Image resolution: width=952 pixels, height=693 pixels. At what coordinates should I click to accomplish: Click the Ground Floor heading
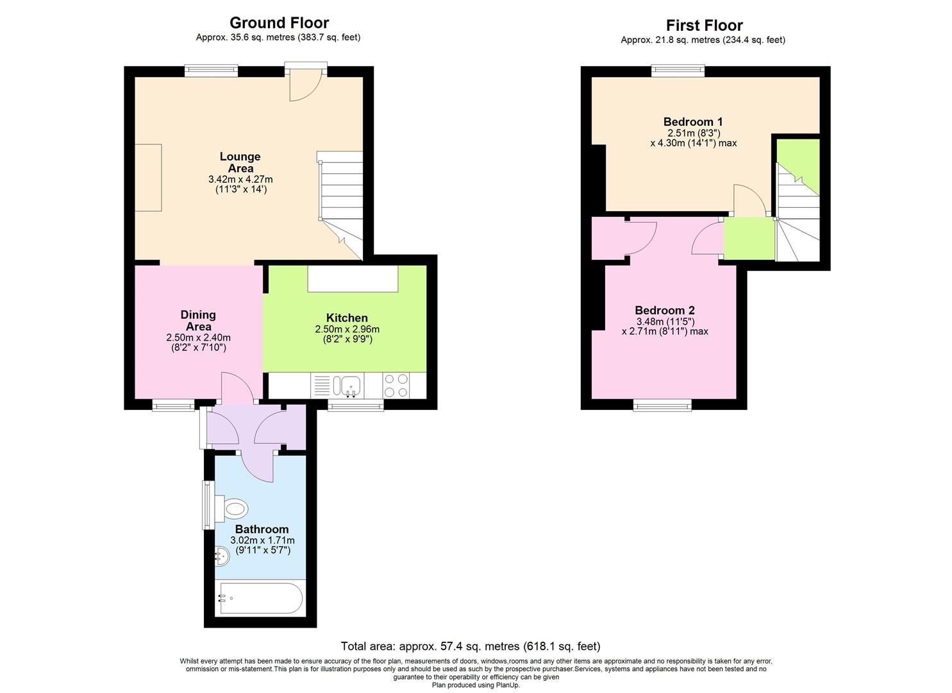click(279, 23)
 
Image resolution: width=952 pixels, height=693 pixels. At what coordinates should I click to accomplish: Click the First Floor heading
click(704, 26)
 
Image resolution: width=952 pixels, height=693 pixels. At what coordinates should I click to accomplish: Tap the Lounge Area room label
click(240, 162)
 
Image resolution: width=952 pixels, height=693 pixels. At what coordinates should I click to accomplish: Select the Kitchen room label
click(347, 318)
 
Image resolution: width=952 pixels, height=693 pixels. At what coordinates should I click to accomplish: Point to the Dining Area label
click(198, 320)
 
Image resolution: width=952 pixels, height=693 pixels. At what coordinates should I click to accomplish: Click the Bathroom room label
click(262, 529)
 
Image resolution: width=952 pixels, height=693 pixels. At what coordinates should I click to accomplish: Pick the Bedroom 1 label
click(693, 122)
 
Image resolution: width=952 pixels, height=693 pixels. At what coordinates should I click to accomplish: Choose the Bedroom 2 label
click(665, 310)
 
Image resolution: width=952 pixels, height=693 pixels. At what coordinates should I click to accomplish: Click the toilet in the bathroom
click(232, 509)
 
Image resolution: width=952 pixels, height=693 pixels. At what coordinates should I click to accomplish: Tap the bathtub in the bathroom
click(260, 598)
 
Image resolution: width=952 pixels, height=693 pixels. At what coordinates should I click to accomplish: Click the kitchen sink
click(347, 386)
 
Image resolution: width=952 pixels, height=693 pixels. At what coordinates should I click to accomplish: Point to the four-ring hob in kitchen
click(396, 386)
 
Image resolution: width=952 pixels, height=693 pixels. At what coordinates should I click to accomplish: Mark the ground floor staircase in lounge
click(342, 202)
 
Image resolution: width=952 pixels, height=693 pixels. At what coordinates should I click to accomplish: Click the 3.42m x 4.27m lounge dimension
click(240, 179)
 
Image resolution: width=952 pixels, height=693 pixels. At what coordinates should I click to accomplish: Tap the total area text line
click(471, 646)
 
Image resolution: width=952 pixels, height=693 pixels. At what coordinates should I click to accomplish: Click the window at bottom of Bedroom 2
click(662, 404)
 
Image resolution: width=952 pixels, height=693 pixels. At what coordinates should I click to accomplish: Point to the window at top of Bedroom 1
click(678, 71)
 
